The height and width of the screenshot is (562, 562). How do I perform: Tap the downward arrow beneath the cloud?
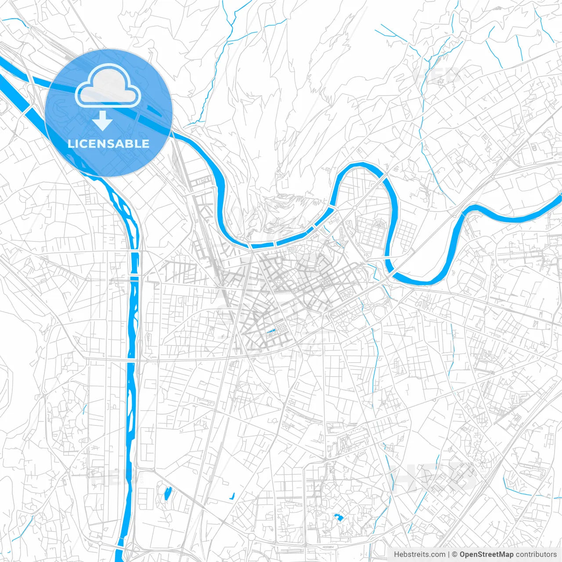(103, 121)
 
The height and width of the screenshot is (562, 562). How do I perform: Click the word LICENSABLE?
(108, 144)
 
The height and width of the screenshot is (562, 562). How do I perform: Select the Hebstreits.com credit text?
(419, 555)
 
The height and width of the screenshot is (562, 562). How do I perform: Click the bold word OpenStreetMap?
(486, 555)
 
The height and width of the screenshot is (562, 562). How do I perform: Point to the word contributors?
(536, 555)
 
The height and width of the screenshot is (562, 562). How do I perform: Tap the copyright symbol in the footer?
(455, 555)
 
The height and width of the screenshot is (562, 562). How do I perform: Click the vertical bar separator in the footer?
(449, 555)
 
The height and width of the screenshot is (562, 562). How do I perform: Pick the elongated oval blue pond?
(167, 494)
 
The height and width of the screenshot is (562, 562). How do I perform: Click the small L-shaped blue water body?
(232, 497)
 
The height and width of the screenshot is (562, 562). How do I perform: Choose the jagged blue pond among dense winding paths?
(338, 517)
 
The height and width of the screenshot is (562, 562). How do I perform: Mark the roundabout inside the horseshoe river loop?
(354, 207)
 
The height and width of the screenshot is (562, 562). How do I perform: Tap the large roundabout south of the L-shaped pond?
(251, 537)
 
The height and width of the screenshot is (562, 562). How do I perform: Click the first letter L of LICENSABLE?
(71, 144)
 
